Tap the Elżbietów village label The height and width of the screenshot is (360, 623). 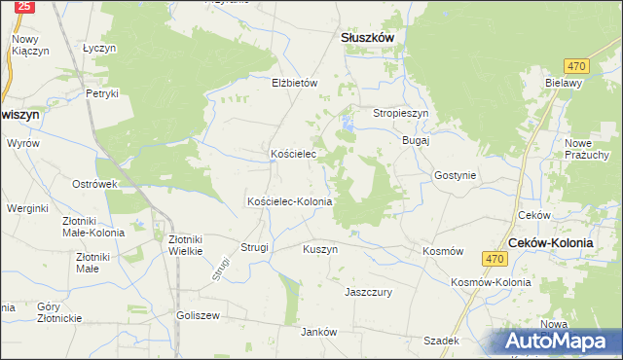(x=295, y=83)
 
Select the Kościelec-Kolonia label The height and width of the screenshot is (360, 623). (x=290, y=201)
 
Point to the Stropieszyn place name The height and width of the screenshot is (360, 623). (x=401, y=113)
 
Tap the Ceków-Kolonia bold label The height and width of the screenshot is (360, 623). (x=551, y=242)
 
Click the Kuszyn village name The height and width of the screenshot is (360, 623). (x=319, y=249)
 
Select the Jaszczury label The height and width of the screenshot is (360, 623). (x=368, y=291)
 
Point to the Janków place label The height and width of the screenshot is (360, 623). (x=318, y=332)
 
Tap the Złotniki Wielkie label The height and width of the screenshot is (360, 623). (x=185, y=243)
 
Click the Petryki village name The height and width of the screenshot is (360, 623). (x=102, y=93)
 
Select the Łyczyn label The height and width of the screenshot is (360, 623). (x=99, y=48)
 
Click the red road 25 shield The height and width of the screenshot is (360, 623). (x=26, y=6)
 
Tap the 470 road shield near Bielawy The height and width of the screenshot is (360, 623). (x=577, y=65)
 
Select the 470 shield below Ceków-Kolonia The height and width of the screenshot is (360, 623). (x=495, y=258)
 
